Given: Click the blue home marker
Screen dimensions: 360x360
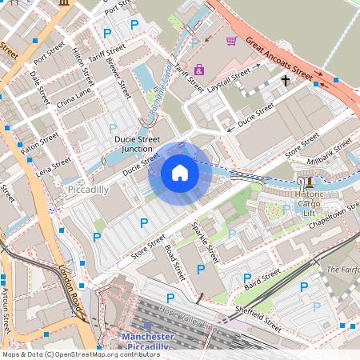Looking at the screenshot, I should pos(180,172).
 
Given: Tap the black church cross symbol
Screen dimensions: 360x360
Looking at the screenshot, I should pos(284,81).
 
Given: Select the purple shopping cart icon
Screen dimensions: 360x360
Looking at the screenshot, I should pos(231,41).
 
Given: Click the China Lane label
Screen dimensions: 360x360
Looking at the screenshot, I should pos(74,98).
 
